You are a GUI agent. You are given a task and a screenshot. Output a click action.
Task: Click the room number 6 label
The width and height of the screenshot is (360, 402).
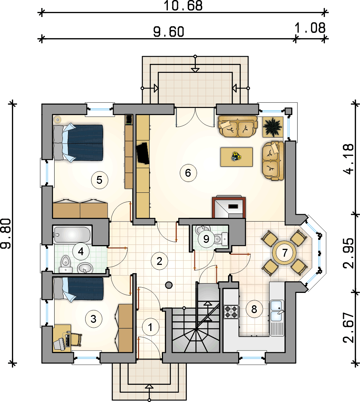point(188,173)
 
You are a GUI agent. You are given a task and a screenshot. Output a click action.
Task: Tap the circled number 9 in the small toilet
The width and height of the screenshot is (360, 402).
point(206,239)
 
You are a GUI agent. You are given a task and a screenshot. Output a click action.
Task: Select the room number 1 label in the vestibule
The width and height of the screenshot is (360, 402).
point(150,327)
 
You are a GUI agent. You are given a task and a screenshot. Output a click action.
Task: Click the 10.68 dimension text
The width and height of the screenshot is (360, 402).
point(183,6)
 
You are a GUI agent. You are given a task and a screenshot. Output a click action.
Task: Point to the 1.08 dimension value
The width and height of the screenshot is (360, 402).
point(310,28)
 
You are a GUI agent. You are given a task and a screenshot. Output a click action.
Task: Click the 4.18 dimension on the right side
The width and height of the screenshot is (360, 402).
point(348,159)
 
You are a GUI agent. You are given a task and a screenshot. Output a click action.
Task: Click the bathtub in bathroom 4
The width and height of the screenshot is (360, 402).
point(73,235)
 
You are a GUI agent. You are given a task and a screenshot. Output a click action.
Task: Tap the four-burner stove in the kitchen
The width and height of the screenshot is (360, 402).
point(231,312)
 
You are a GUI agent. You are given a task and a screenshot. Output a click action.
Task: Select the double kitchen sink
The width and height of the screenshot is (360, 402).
point(277,310)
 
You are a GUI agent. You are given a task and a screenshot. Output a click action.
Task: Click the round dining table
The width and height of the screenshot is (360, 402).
point(284,253)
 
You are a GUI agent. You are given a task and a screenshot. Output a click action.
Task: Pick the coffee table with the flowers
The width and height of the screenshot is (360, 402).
point(237,157)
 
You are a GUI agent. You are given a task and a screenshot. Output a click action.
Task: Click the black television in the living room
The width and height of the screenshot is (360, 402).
point(143,153)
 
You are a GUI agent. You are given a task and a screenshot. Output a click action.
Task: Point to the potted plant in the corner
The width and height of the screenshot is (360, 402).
point(273,127)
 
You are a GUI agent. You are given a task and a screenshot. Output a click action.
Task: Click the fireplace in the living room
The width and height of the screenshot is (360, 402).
point(229,207)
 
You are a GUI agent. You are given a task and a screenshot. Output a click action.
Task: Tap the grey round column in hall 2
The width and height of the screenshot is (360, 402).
point(169,285)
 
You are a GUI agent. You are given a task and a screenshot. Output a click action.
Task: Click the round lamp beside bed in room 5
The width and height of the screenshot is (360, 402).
point(58,120)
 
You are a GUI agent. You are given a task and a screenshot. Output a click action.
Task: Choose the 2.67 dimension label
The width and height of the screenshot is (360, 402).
point(348,328)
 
